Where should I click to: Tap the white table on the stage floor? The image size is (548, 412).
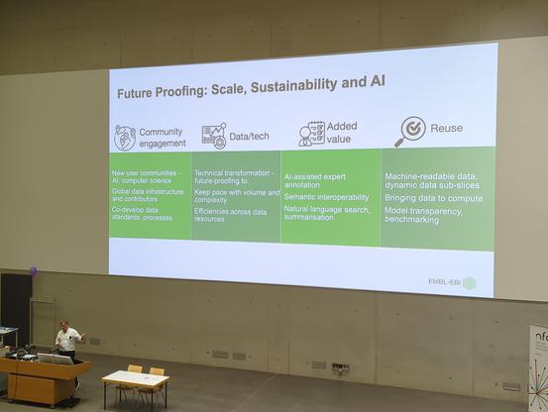135,378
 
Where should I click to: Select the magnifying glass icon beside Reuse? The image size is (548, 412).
408,131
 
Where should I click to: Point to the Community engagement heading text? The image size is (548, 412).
161,137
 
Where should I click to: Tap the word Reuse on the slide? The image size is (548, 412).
446,128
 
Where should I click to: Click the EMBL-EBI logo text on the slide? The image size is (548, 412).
444,282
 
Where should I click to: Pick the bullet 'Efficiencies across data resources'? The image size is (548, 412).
230,214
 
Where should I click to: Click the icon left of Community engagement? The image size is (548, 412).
125,137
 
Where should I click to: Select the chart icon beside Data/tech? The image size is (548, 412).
214,135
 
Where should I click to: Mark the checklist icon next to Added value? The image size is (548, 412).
311,134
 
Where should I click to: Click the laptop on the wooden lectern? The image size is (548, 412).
55,357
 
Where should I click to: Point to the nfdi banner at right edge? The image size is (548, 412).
537,366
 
